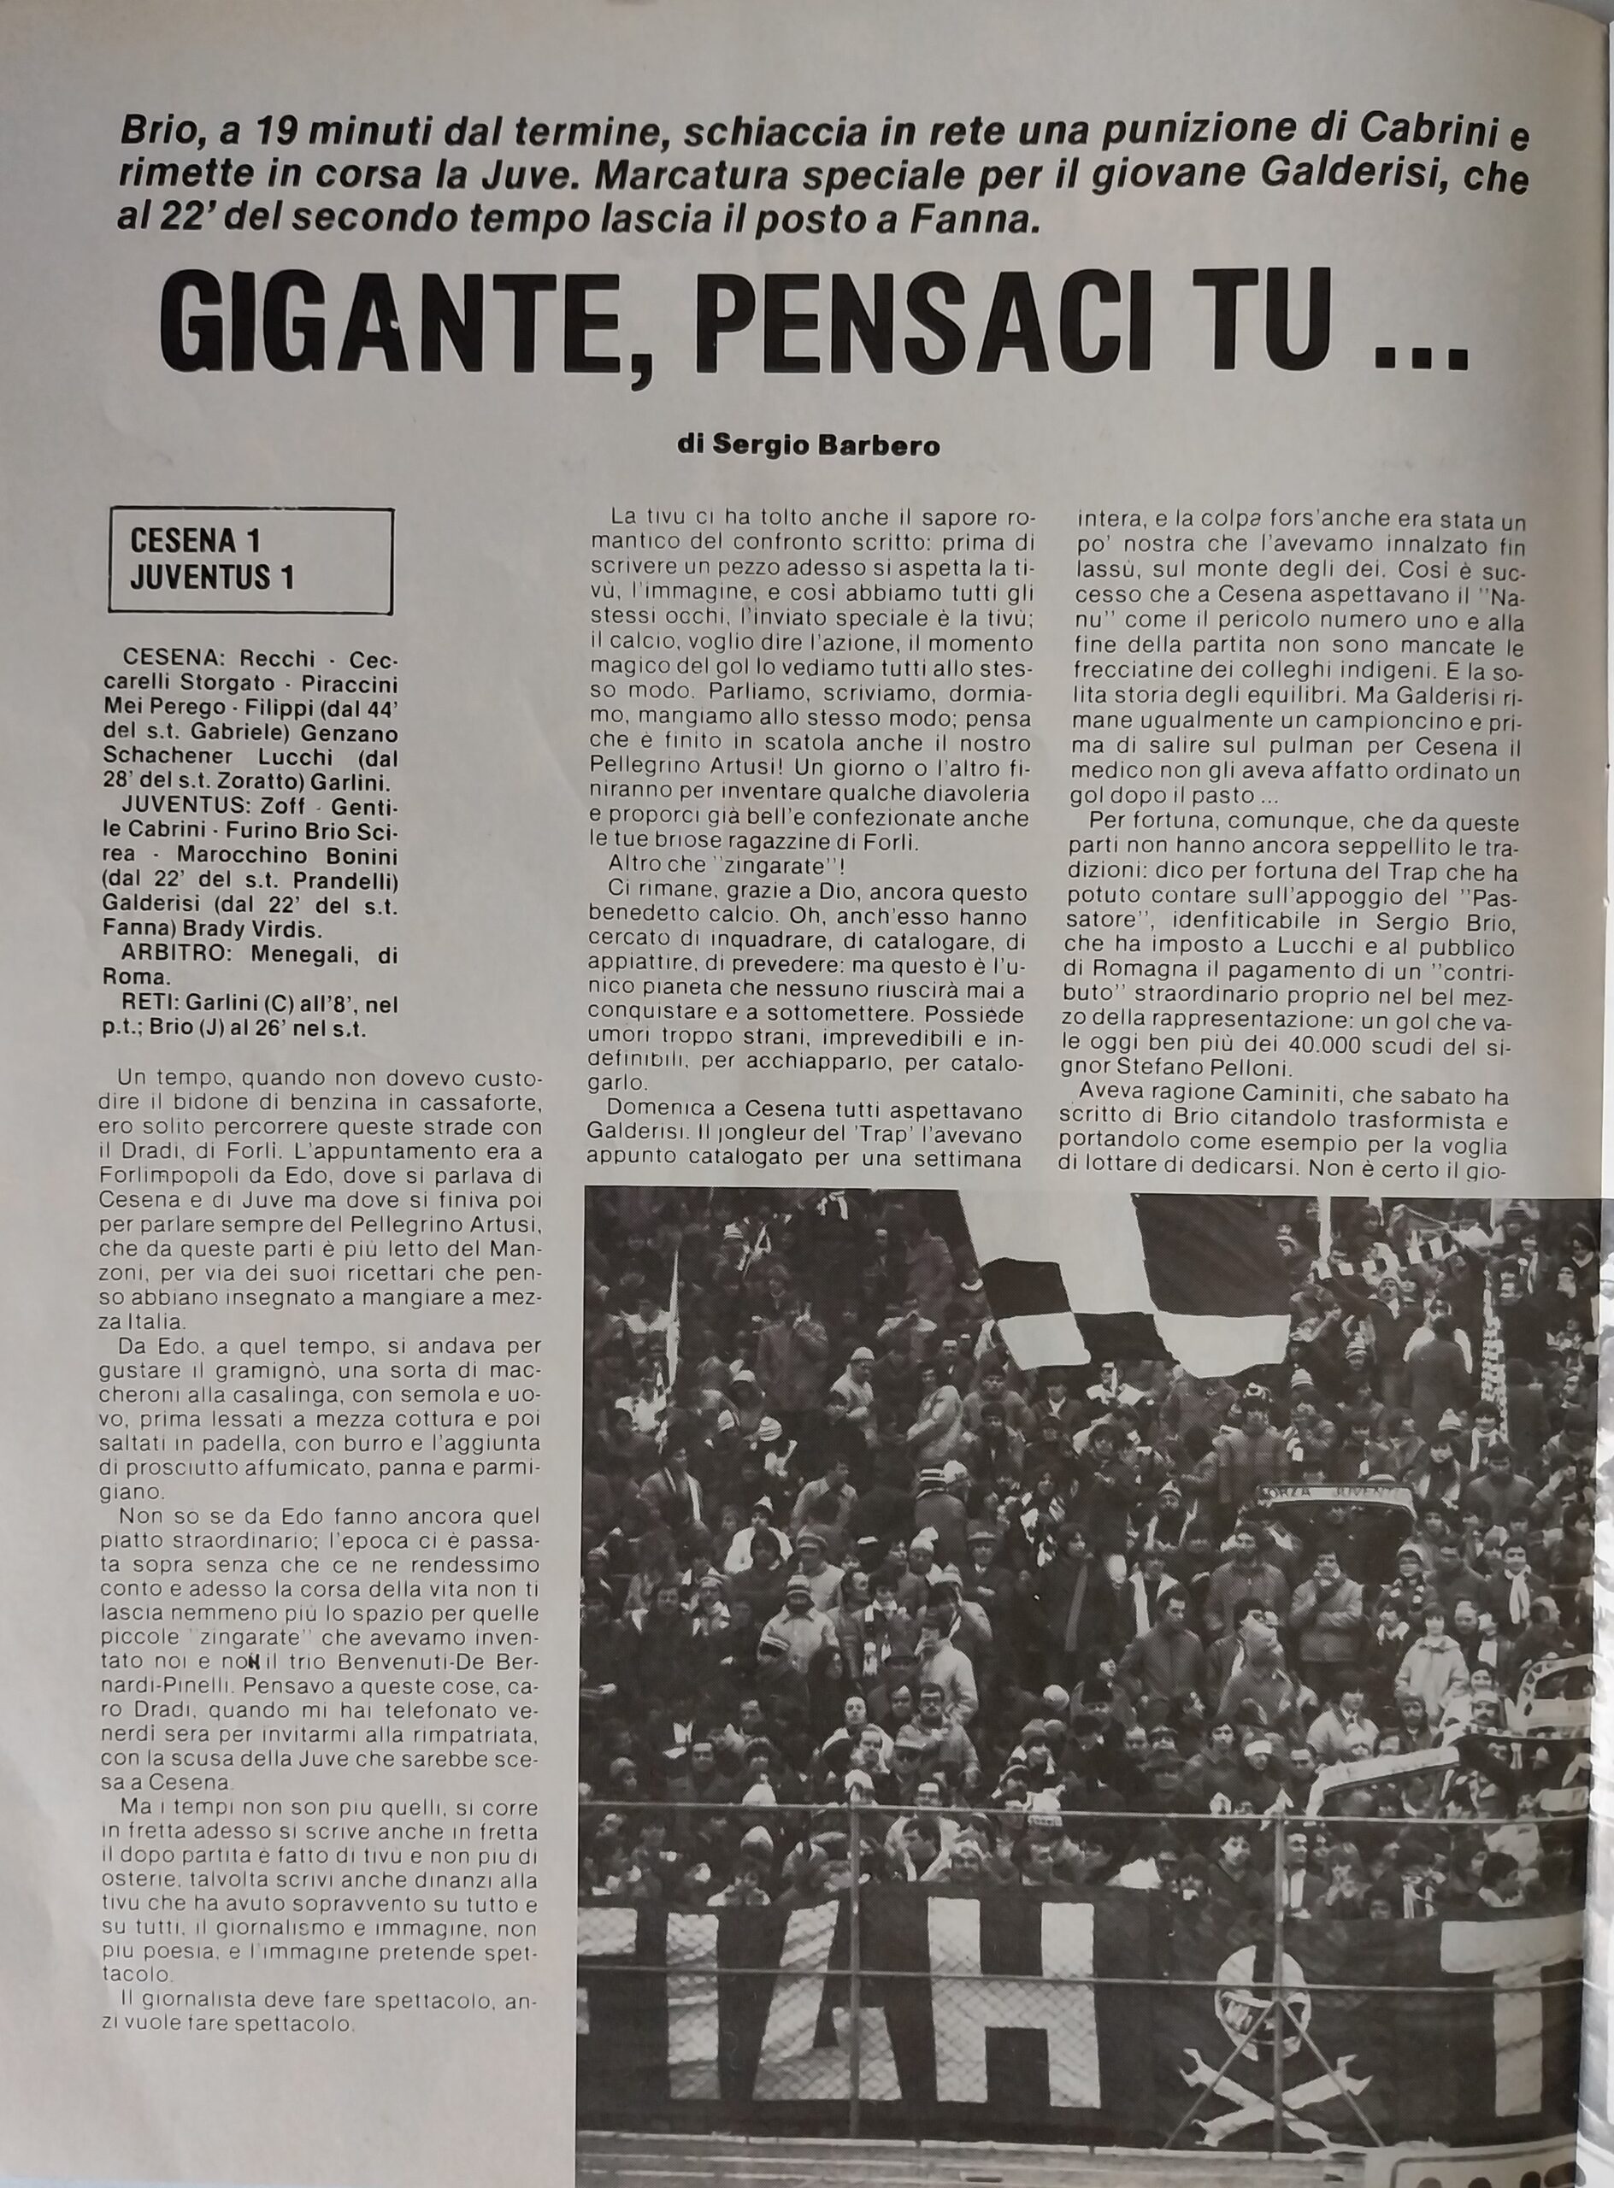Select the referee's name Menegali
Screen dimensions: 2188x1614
(292, 956)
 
